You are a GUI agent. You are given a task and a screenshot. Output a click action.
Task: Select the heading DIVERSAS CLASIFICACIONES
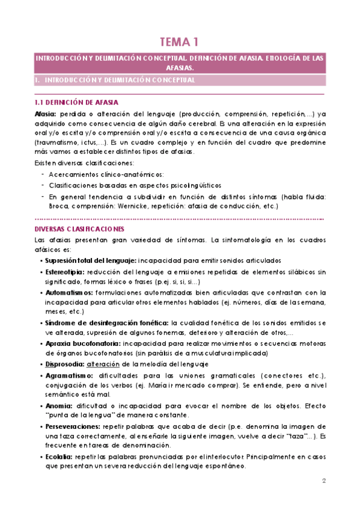pos(80,229)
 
